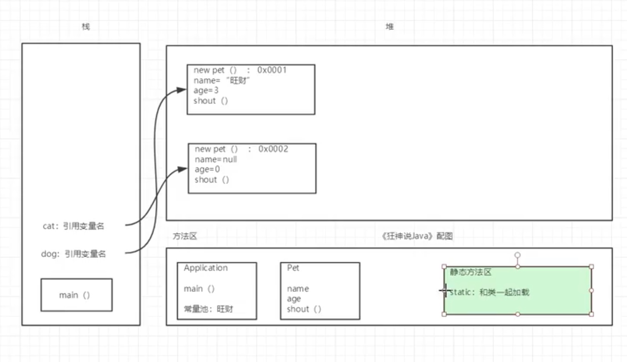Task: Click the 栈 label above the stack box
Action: click(x=86, y=27)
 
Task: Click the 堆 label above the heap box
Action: click(x=390, y=27)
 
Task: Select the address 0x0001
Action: click(x=272, y=70)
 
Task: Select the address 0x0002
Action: click(x=273, y=149)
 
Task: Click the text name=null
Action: click(x=216, y=159)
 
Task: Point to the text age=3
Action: click(x=206, y=90)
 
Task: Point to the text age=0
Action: click(x=207, y=169)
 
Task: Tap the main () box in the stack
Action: click(x=77, y=295)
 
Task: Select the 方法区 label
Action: click(x=185, y=236)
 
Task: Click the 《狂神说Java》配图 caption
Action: click(x=417, y=236)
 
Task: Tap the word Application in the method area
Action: click(x=206, y=268)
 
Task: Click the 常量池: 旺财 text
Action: click(x=208, y=309)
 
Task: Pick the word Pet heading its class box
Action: click(x=293, y=268)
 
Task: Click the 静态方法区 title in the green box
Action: click(x=470, y=272)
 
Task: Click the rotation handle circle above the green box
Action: click(x=518, y=255)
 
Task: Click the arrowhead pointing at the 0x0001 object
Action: click(x=182, y=90)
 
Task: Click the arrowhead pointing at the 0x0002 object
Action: click(x=182, y=169)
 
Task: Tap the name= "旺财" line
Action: click(x=221, y=80)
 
